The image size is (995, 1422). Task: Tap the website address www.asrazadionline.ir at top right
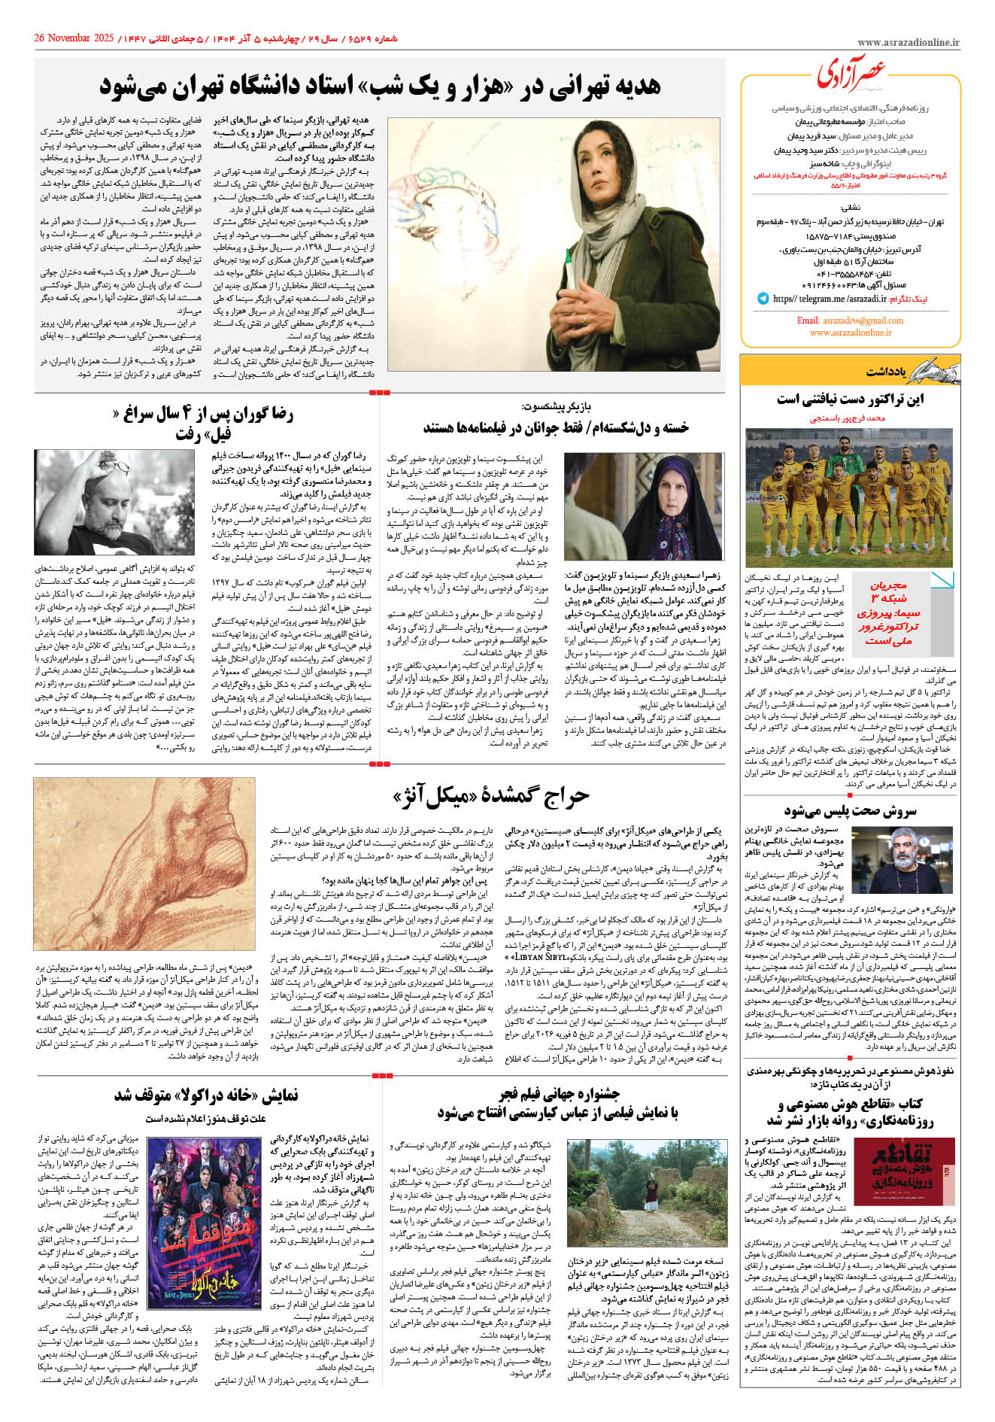coord(908,43)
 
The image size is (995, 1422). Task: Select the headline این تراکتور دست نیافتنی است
coord(851,400)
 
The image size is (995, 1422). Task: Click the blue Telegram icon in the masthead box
coord(763,299)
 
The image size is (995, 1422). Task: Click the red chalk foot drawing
coord(144,865)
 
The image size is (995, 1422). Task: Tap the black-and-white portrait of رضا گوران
coord(115,503)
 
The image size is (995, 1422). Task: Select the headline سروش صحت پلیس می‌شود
coord(850,811)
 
